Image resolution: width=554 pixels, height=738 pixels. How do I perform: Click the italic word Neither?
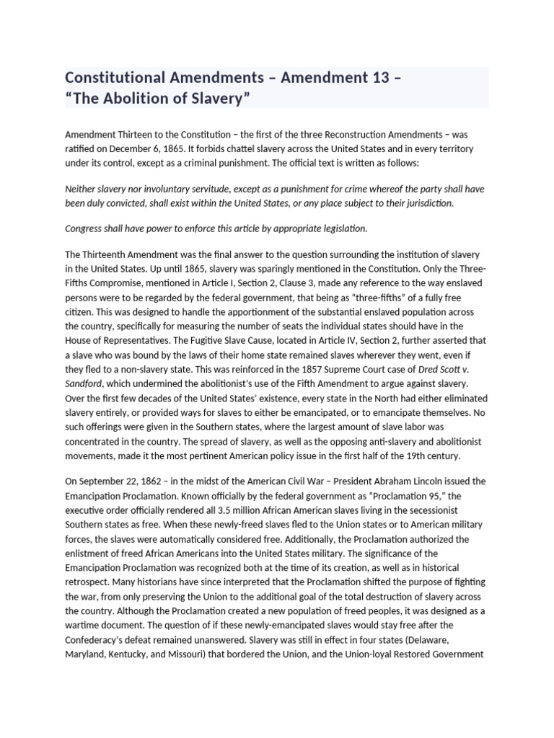(82, 189)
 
